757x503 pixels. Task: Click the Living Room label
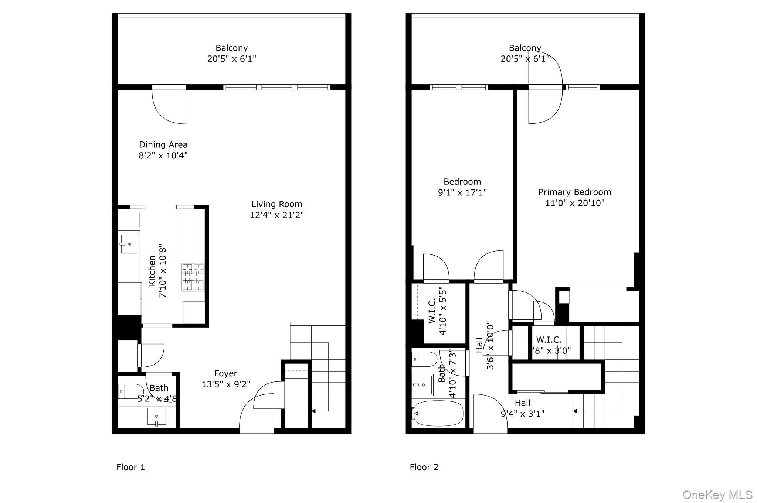(276, 204)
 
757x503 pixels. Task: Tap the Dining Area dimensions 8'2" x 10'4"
(163, 155)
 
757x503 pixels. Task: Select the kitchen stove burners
(193, 277)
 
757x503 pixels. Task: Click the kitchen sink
(129, 244)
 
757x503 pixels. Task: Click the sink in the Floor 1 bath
(156, 417)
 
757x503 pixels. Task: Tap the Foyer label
(225, 373)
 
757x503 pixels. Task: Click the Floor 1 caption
(130, 467)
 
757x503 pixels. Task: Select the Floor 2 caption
(424, 467)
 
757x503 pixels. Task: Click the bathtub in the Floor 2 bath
(438, 413)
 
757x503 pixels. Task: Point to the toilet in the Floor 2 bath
(425, 359)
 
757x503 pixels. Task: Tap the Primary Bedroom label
(574, 192)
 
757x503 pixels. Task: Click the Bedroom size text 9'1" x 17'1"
(462, 192)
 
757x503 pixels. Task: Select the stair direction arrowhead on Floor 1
(314, 411)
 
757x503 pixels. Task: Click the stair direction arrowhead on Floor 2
(575, 411)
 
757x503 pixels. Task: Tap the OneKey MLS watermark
(717, 495)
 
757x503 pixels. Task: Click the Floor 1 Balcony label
(231, 48)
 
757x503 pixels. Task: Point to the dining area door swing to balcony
(169, 107)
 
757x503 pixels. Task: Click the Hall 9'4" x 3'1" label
(522, 408)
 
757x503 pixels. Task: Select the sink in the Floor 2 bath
(422, 385)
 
